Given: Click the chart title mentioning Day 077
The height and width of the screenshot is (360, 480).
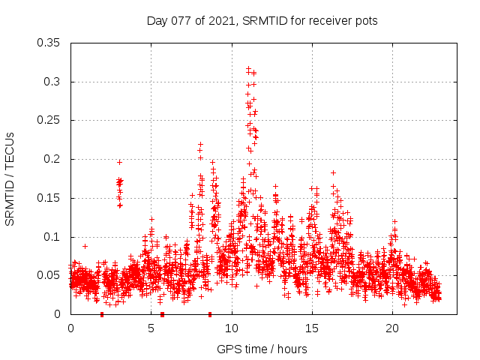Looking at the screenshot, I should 262,20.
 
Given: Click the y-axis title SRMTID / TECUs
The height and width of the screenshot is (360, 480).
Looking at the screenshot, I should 10,178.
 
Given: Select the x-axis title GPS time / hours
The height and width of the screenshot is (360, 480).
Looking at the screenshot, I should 262,349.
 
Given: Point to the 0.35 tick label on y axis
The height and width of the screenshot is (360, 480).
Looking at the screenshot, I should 50,43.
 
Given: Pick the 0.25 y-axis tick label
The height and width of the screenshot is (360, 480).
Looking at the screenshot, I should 50,120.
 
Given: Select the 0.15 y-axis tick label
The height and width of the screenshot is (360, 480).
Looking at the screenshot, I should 50,198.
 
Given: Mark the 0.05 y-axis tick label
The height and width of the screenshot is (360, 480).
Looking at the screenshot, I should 50,275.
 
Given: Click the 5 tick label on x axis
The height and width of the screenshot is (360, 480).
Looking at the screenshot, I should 151,328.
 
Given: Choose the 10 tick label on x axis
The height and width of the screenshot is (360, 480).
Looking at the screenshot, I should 232,328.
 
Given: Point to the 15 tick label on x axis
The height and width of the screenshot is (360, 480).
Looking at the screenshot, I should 312,328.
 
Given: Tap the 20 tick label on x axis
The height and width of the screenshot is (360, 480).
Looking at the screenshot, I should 392,328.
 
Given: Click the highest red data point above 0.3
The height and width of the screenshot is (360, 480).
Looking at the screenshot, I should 248,69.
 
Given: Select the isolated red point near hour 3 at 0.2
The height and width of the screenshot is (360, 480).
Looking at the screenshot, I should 119,162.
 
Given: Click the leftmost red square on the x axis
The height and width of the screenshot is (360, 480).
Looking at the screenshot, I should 102,314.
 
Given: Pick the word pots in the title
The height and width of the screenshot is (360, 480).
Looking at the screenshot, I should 366,20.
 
